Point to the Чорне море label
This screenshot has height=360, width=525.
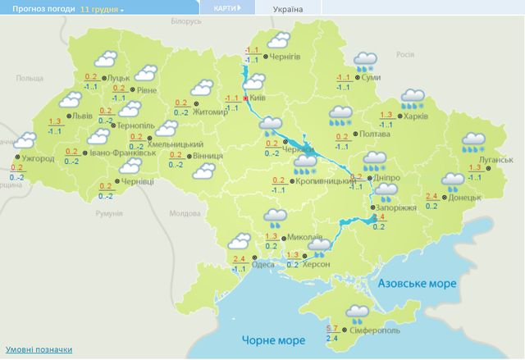click(x=267, y=339)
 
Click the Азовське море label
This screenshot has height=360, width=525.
click(x=417, y=282)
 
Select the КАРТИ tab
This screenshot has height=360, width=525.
click(x=226, y=8)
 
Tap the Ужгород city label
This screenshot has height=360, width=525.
click(x=36, y=157)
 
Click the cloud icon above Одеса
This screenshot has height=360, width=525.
click(x=239, y=240)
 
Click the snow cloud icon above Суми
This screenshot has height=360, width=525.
click(x=365, y=60)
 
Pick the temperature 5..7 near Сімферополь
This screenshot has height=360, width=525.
click(x=333, y=330)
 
